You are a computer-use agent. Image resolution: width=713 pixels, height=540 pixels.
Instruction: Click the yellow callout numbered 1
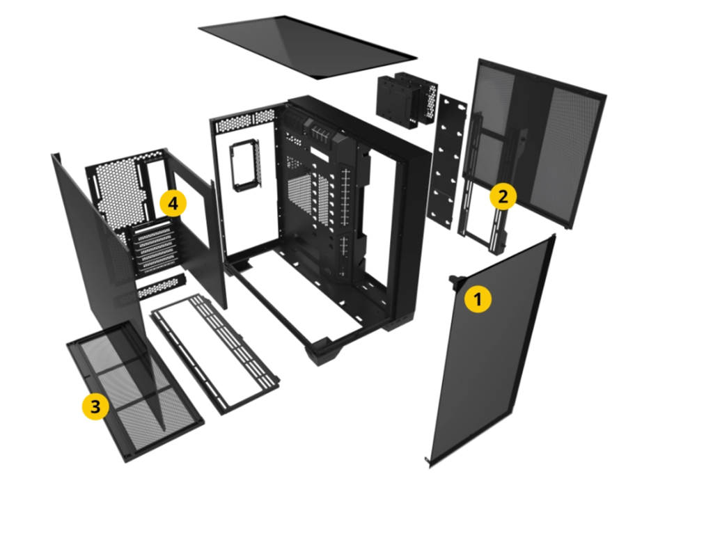(x=478, y=299)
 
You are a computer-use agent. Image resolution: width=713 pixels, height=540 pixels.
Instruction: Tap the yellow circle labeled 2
(x=503, y=197)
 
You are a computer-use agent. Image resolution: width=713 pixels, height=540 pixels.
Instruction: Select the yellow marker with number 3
(x=95, y=406)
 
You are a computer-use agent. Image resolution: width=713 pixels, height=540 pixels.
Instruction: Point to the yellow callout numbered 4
(x=173, y=204)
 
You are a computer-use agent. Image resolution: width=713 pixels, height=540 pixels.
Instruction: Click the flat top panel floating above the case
(x=307, y=47)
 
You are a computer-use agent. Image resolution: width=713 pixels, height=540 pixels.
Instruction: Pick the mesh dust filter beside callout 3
(x=135, y=392)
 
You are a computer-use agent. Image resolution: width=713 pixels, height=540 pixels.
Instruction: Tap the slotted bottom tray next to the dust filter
(x=214, y=354)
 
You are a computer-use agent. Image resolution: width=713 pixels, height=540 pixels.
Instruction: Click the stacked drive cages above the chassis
(x=407, y=100)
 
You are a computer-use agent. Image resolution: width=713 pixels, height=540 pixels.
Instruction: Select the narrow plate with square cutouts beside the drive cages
(x=448, y=161)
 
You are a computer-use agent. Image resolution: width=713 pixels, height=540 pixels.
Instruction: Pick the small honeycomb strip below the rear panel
(x=162, y=287)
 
